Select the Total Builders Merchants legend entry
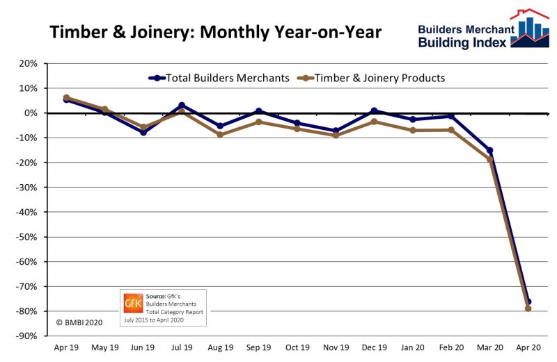pos(219,78)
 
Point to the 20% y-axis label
pos(27,63)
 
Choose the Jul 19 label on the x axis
pos(182,345)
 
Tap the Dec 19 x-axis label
pos(374,345)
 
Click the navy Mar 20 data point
pos(489,150)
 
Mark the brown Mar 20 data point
pos(489,159)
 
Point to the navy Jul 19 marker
pos(182,105)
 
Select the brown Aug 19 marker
pos(220,134)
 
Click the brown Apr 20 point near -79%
pos(528,308)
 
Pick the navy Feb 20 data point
pos(451,116)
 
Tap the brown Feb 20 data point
pos(451,130)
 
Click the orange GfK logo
pos(132,303)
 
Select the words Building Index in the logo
pos(462,43)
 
